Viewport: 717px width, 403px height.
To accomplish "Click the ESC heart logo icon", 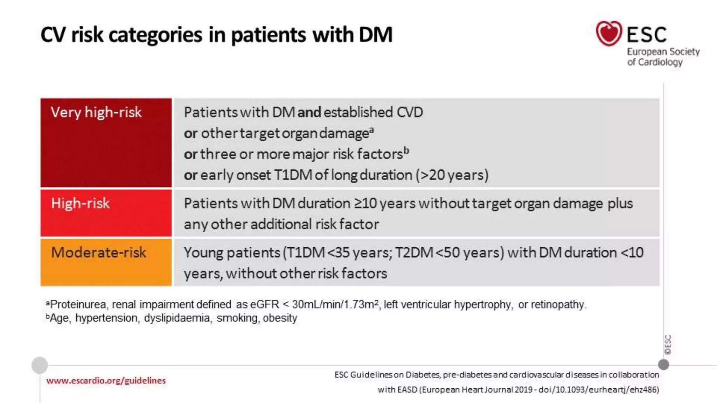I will pos(609,34).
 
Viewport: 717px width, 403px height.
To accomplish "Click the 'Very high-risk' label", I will pos(96,113).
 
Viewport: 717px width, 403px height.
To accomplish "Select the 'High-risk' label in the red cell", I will pos(80,203).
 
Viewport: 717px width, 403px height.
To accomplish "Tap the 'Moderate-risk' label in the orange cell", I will pos(98,253).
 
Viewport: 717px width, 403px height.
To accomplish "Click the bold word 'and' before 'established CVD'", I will pos(309,113).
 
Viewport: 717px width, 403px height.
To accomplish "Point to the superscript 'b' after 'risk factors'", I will pos(406,150).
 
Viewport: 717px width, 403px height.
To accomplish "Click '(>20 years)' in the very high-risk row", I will pos(452,175).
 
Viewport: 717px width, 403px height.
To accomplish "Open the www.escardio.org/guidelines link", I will pos(106,381).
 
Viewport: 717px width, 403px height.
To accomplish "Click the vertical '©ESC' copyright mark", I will pos(668,345).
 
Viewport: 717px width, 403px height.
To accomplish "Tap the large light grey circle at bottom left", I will pos(40,365).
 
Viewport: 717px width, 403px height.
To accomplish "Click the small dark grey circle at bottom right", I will pos(663,365).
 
